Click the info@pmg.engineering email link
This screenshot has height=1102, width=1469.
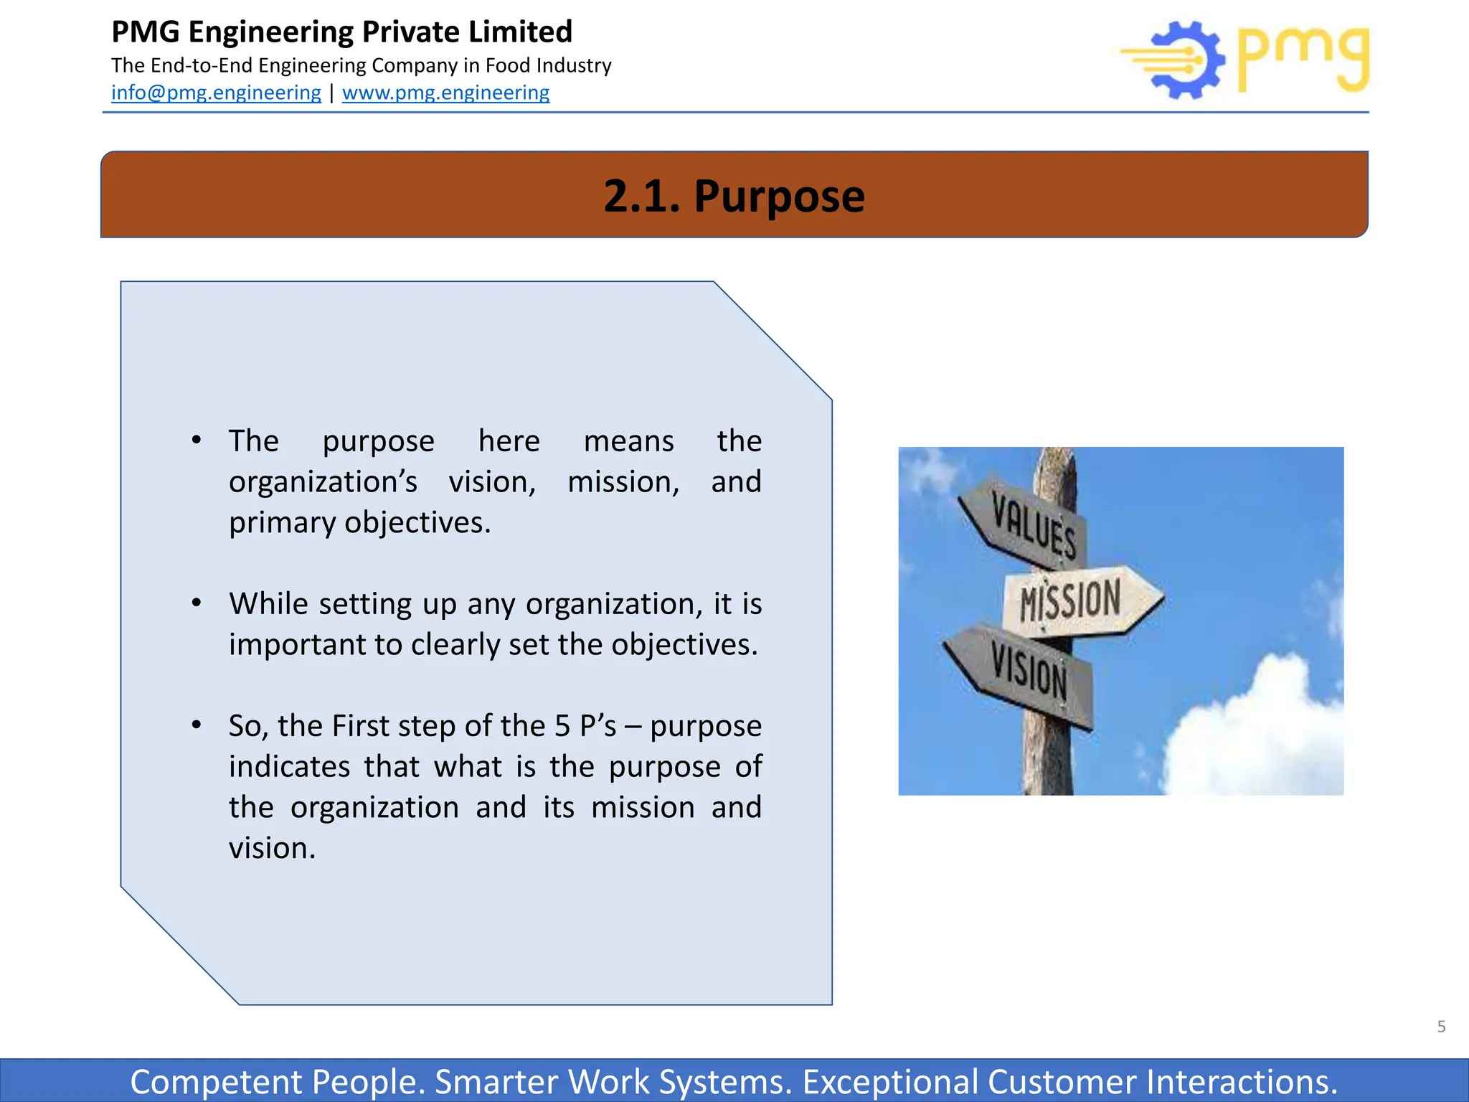[216, 93]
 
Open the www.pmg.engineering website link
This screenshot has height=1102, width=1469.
[445, 93]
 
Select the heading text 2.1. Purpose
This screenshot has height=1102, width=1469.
[734, 195]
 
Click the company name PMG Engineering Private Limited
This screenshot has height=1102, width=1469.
[341, 32]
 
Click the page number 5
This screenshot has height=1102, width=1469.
[1441, 1027]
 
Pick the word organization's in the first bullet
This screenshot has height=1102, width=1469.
[323, 481]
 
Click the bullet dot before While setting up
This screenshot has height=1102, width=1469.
[197, 603]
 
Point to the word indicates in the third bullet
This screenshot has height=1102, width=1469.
[289, 767]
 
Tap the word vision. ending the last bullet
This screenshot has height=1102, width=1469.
[272, 849]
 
